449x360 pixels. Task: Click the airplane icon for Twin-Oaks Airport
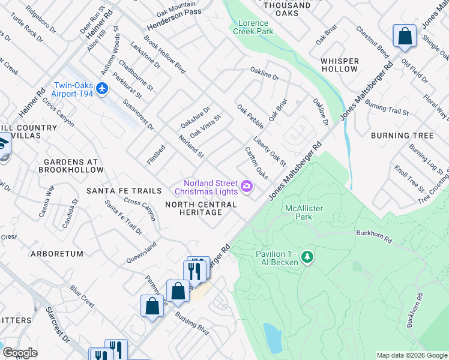[102, 89]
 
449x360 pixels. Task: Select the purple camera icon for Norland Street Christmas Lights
[247, 187]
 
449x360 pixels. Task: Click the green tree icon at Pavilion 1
[307, 257]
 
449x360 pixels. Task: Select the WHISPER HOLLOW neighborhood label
[340, 65]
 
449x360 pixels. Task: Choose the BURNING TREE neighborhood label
[402, 136]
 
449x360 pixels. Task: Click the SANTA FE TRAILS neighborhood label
[124, 191]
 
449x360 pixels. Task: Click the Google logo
[20, 353]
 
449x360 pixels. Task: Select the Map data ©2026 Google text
[412, 355]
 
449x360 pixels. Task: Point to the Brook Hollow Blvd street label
[164, 58]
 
